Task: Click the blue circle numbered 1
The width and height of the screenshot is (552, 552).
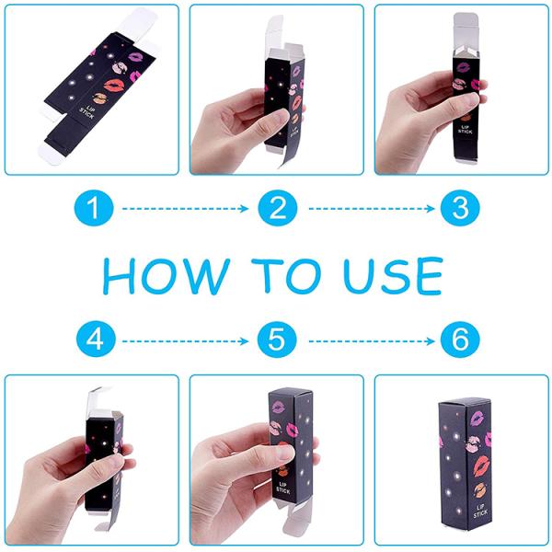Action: pyautogui.click(x=94, y=208)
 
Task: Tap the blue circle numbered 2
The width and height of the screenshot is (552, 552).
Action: pyautogui.click(x=278, y=208)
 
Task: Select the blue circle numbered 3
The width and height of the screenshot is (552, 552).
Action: pyautogui.click(x=460, y=208)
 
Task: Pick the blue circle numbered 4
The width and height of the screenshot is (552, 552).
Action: pyautogui.click(x=96, y=339)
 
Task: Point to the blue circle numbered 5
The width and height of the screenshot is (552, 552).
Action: pyautogui.click(x=277, y=339)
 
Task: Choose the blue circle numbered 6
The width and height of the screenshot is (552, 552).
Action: pyautogui.click(x=460, y=339)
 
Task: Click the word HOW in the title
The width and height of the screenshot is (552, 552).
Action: pyautogui.click(x=167, y=276)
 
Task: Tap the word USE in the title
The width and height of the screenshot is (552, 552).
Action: pyautogui.click(x=393, y=276)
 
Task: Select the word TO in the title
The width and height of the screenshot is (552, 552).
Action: pyautogui.click(x=286, y=276)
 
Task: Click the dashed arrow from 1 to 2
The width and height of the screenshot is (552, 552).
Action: pyautogui.click(x=185, y=209)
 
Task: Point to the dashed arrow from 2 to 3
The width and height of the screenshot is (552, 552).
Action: pyautogui.click(x=372, y=209)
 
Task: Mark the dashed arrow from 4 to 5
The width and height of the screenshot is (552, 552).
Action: pyautogui.click(x=185, y=341)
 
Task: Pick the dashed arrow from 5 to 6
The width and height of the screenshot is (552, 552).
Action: pyautogui.click(x=372, y=341)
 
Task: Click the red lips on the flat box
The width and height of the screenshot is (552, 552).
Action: pyautogui.click(x=114, y=86)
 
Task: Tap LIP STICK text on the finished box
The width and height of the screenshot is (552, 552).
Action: pyautogui.click(x=480, y=512)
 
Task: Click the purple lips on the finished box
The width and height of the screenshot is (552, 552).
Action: pyautogui.click(x=477, y=418)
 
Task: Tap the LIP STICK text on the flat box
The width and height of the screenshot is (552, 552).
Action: pyautogui.click(x=87, y=112)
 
